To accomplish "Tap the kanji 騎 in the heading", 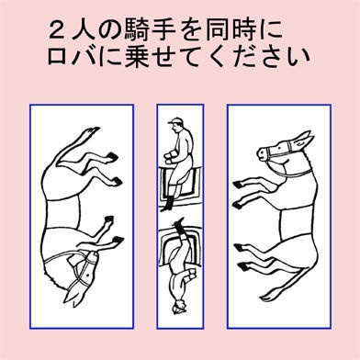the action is pyautogui.click(x=137, y=30).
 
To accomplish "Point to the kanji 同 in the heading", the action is pyautogui.click(x=218, y=30).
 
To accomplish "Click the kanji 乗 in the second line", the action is pyautogui.click(x=136, y=57).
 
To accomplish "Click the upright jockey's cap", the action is pyautogui.click(x=176, y=120).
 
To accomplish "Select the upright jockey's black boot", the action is pyautogui.click(x=167, y=204).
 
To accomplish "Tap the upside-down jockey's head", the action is pyautogui.click(x=179, y=306).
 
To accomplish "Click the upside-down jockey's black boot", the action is pyautogui.click(x=179, y=225).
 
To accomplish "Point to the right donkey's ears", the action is pyautogui.click(x=303, y=139).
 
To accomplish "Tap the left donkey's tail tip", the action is pyautogui.click(x=92, y=131).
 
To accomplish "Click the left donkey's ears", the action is pyautogui.click(x=74, y=296).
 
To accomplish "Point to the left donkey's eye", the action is pyautogui.click(x=88, y=276).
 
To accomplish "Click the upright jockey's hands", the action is pyautogui.click(x=170, y=156).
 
